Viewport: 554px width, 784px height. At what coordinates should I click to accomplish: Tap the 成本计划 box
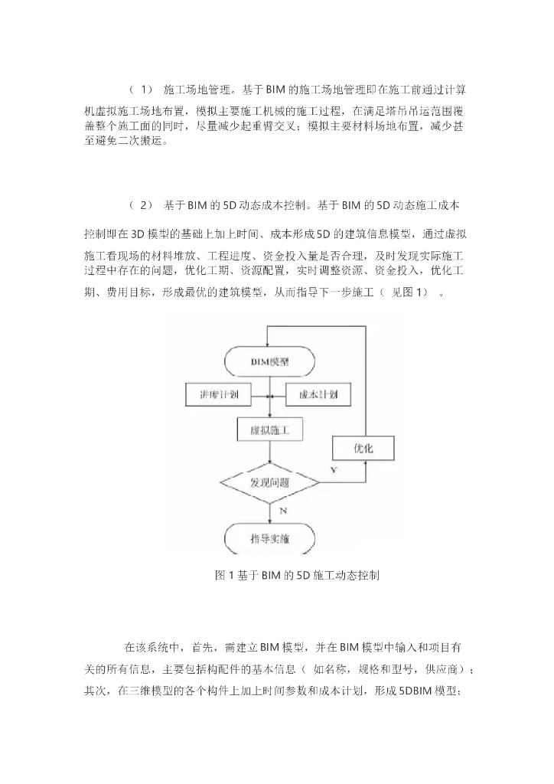click(x=318, y=396)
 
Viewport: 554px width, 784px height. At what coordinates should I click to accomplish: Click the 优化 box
click(x=363, y=448)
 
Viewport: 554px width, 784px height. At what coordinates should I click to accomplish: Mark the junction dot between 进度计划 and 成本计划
click(x=268, y=397)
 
